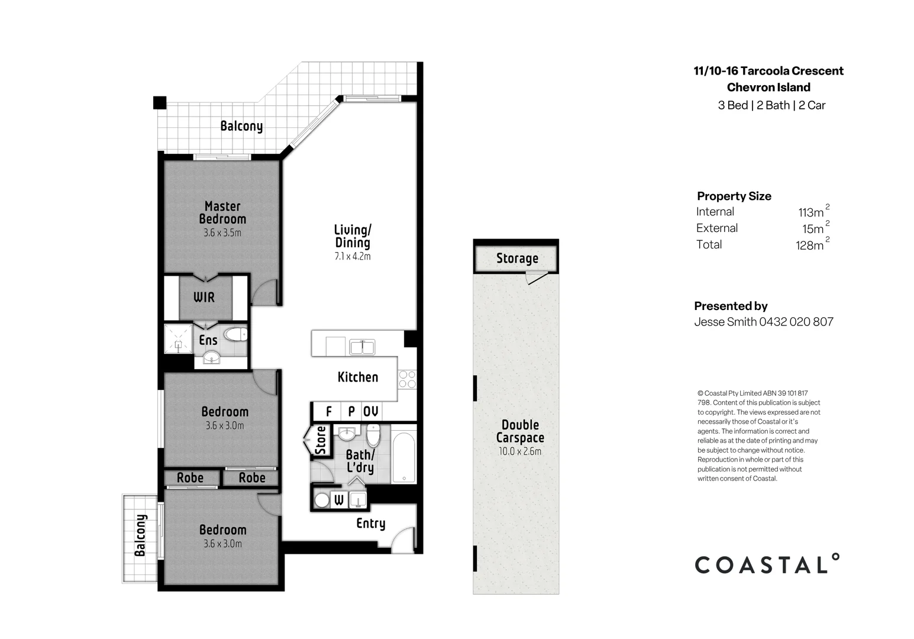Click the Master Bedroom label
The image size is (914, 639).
click(222, 212)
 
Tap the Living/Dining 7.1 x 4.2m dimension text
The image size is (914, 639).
click(353, 256)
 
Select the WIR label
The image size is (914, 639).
click(204, 297)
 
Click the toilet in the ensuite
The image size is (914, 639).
click(236, 335)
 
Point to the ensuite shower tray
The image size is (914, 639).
click(178, 338)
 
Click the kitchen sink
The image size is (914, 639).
click(362, 347)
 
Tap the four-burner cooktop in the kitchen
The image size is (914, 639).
click(407, 379)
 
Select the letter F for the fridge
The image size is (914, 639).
click(328, 411)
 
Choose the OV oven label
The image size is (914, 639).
click(370, 411)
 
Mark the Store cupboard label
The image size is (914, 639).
click(321, 440)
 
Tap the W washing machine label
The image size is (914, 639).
click(338, 500)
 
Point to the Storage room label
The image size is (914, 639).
click(517, 259)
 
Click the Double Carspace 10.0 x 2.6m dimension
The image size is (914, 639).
click(520, 451)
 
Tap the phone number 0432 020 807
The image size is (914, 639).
click(796, 322)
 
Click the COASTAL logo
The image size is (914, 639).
click(767, 564)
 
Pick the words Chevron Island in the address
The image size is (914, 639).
click(768, 88)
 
